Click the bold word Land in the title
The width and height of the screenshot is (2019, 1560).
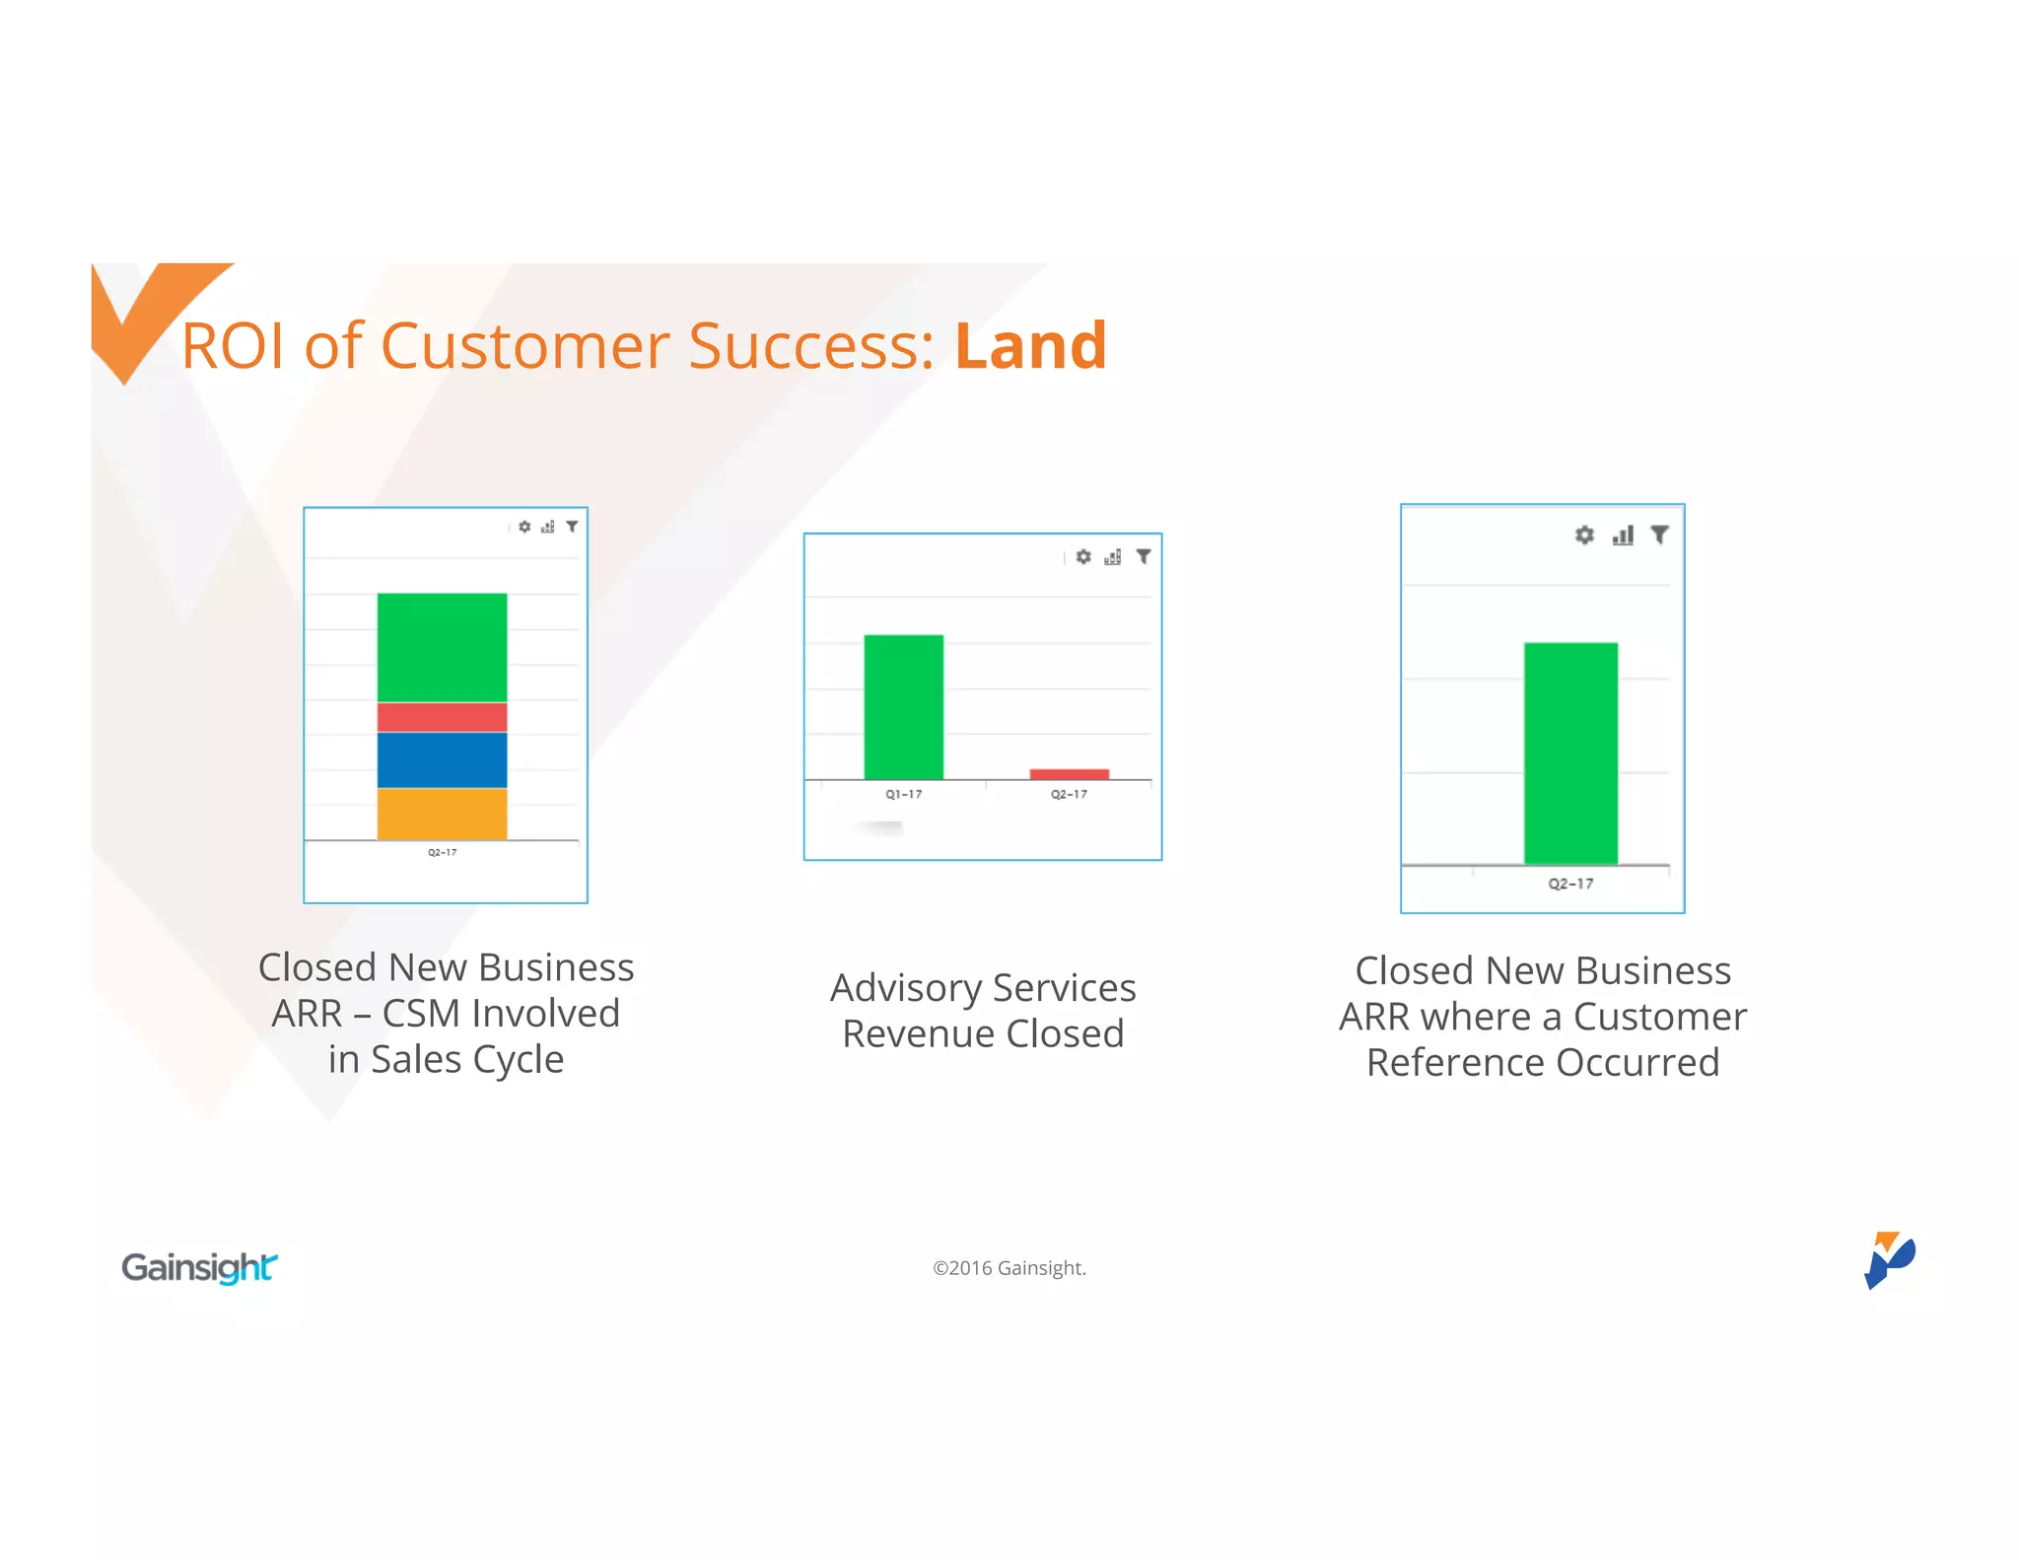[x=1030, y=346]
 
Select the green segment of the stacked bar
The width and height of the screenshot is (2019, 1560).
[x=442, y=647]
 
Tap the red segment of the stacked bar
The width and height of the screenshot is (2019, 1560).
[x=442, y=717]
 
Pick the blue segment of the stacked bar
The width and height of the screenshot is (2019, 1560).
[x=442, y=759]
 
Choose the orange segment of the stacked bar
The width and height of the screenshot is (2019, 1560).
[x=442, y=814]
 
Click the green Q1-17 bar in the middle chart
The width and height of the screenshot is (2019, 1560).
[x=903, y=707]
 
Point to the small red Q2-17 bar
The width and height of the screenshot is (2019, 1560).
[x=1069, y=774]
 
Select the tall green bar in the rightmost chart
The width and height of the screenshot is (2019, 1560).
[x=1569, y=753]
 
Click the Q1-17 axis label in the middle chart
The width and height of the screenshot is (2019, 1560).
[x=903, y=795]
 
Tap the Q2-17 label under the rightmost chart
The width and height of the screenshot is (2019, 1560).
[x=1569, y=885]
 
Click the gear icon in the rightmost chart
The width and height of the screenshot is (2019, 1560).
[x=1583, y=535]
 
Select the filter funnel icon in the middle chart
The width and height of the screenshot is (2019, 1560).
[x=1144, y=557]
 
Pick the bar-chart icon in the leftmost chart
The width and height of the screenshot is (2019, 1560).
[x=548, y=528]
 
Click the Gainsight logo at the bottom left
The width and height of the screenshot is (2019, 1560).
[x=199, y=1267]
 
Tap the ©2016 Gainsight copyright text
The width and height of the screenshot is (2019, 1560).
[x=1009, y=1268]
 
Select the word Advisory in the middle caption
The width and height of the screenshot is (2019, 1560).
[x=906, y=988]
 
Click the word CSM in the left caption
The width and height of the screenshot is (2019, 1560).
[x=421, y=1014]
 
